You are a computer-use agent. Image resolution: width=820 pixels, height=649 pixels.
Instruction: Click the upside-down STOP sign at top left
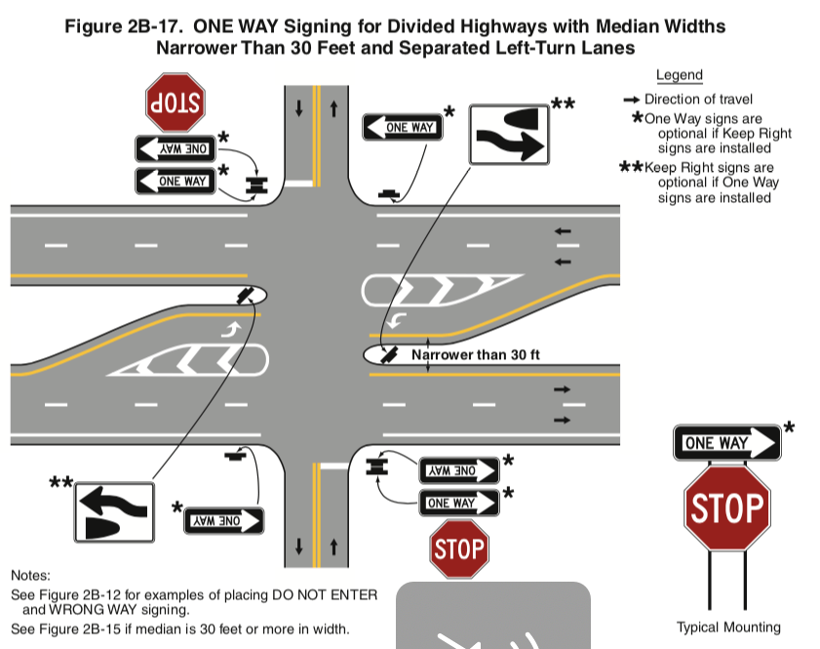pyautogui.click(x=176, y=102)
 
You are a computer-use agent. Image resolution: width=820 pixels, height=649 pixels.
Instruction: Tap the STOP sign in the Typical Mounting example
pyautogui.click(x=727, y=507)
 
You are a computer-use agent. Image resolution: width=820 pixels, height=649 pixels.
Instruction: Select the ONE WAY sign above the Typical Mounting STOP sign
pyautogui.click(x=727, y=443)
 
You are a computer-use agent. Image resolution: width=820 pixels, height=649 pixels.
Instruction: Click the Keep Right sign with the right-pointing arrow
pyautogui.click(x=509, y=135)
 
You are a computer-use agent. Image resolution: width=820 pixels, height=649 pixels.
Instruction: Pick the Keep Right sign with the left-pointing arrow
pyautogui.click(x=114, y=511)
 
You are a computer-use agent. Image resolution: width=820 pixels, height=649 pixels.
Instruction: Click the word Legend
pyautogui.click(x=680, y=75)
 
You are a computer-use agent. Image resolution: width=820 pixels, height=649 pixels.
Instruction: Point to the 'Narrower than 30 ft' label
pyautogui.click(x=476, y=355)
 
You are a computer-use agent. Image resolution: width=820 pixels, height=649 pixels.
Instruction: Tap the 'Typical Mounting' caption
pyautogui.click(x=728, y=627)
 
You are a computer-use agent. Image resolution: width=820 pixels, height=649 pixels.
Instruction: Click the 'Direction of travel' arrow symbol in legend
pyautogui.click(x=632, y=100)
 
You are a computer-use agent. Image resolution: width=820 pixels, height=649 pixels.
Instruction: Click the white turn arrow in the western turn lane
pyautogui.click(x=231, y=330)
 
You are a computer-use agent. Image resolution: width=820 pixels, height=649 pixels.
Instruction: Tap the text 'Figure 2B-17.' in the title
pyautogui.click(x=124, y=26)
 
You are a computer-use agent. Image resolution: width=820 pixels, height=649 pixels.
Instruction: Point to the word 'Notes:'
pyautogui.click(x=30, y=576)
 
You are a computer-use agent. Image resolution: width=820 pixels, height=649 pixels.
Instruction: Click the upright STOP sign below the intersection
pyautogui.click(x=459, y=549)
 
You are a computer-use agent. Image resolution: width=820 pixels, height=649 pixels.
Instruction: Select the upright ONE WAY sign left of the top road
pyautogui.click(x=176, y=182)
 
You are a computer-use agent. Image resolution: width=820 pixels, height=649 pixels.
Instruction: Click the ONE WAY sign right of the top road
pyautogui.click(x=403, y=127)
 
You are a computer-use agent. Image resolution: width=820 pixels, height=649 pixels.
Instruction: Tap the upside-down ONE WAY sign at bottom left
pyautogui.click(x=224, y=521)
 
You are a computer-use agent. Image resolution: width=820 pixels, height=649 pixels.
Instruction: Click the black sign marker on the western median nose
pyautogui.click(x=246, y=295)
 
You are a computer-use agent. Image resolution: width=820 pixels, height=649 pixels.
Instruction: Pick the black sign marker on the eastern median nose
pyautogui.click(x=388, y=354)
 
